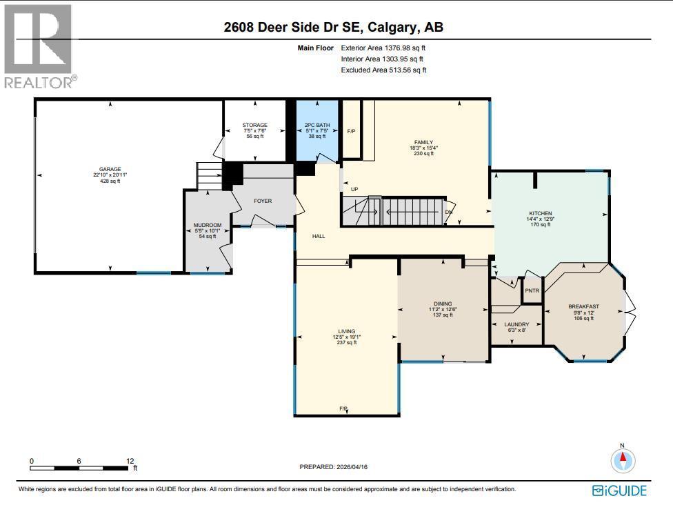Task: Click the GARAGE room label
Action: [x=110, y=169]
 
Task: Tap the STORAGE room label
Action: [x=256, y=125]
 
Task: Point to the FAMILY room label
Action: [x=423, y=143]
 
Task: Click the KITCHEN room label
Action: [x=540, y=213]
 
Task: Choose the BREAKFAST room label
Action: [x=583, y=306]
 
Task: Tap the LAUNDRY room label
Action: [x=516, y=324]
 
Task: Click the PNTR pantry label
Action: [x=532, y=290]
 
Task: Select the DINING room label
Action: [x=442, y=304]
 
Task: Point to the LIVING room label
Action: [x=345, y=332]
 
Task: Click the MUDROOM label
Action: [x=207, y=225]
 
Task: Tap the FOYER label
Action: [x=263, y=201]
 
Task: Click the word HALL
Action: [x=319, y=236]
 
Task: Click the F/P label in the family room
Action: [x=351, y=131]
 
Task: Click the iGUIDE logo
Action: [x=619, y=491]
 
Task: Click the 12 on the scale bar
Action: [x=130, y=461]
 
